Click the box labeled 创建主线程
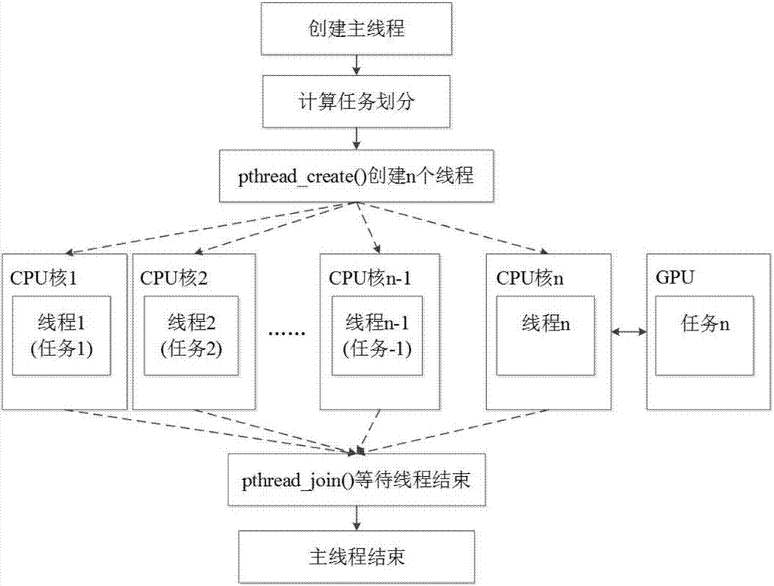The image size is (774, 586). pyautogui.click(x=356, y=30)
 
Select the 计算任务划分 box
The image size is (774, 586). pyautogui.click(x=356, y=101)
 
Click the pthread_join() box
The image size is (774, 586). pyautogui.click(x=356, y=481)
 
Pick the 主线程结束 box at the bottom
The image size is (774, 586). pyautogui.click(x=356, y=555)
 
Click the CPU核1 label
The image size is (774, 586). pyautogui.click(x=43, y=276)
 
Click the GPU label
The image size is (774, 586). pyautogui.click(x=674, y=276)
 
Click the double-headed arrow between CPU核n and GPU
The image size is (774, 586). pyautogui.click(x=629, y=332)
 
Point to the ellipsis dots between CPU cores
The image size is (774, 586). pyautogui.click(x=287, y=333)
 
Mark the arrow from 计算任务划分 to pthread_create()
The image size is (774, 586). pyautogui.click(x=356, y=138)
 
